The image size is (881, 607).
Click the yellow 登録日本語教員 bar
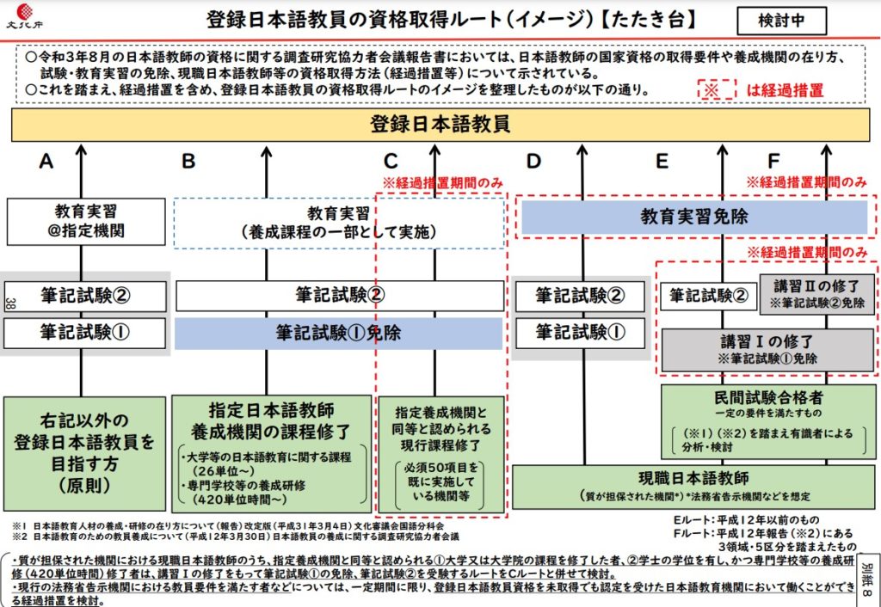point(440,125)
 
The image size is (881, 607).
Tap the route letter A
point(46,161)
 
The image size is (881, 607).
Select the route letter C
point(391,161)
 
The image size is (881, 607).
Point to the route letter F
point(773,161)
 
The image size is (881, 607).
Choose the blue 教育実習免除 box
point(692,218)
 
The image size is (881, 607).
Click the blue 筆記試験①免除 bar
point(339,333)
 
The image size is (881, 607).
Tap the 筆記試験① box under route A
point(85,333)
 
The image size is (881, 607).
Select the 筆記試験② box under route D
point(579,296)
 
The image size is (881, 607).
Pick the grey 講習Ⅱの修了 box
point(817,292)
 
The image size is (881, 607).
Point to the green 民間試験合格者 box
point(768,421)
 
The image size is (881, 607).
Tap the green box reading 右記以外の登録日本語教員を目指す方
point(85,453)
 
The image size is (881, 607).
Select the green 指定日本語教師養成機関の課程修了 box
point(272,453)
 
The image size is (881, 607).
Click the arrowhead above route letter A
point(82,150)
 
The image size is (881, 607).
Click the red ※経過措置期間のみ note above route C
point(443,182)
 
